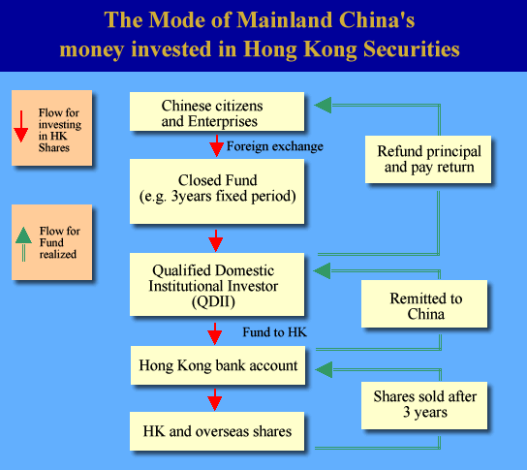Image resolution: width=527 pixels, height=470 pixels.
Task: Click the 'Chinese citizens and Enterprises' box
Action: point(217,111)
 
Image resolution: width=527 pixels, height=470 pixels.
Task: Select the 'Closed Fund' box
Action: point(217,191)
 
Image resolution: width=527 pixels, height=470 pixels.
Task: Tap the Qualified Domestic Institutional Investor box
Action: point(217,284)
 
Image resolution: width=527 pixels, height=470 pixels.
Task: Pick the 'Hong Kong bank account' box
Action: point(218,365)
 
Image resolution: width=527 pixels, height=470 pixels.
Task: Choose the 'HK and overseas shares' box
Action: point(217,431)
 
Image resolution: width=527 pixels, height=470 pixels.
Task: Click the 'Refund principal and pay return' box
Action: point(428,159)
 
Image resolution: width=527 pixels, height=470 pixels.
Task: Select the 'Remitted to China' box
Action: point(424,303)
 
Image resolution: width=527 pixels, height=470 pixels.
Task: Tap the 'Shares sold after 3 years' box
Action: point(424,405)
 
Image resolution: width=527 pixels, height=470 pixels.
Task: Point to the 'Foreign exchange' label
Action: point(275,146)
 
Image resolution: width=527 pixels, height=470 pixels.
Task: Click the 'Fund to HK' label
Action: point(274,332)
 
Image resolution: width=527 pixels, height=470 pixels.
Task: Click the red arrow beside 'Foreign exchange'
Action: point(217,145)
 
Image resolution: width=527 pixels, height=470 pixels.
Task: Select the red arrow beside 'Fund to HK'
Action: point(215,333)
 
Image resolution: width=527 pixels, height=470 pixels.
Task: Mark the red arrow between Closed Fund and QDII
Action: point(216,240)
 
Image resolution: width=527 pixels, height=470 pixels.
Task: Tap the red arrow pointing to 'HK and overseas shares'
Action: point(215,399)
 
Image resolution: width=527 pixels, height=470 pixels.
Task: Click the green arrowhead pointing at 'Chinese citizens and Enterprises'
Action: point(323,106)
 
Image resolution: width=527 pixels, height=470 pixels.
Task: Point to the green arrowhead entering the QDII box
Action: point(322,271)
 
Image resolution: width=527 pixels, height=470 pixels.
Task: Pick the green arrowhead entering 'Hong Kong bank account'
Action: point(324,370)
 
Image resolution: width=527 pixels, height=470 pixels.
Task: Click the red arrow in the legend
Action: point(21,126)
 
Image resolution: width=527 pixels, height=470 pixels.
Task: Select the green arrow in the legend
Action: point(23,244)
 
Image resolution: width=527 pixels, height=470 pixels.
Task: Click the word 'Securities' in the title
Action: point(412,49)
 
